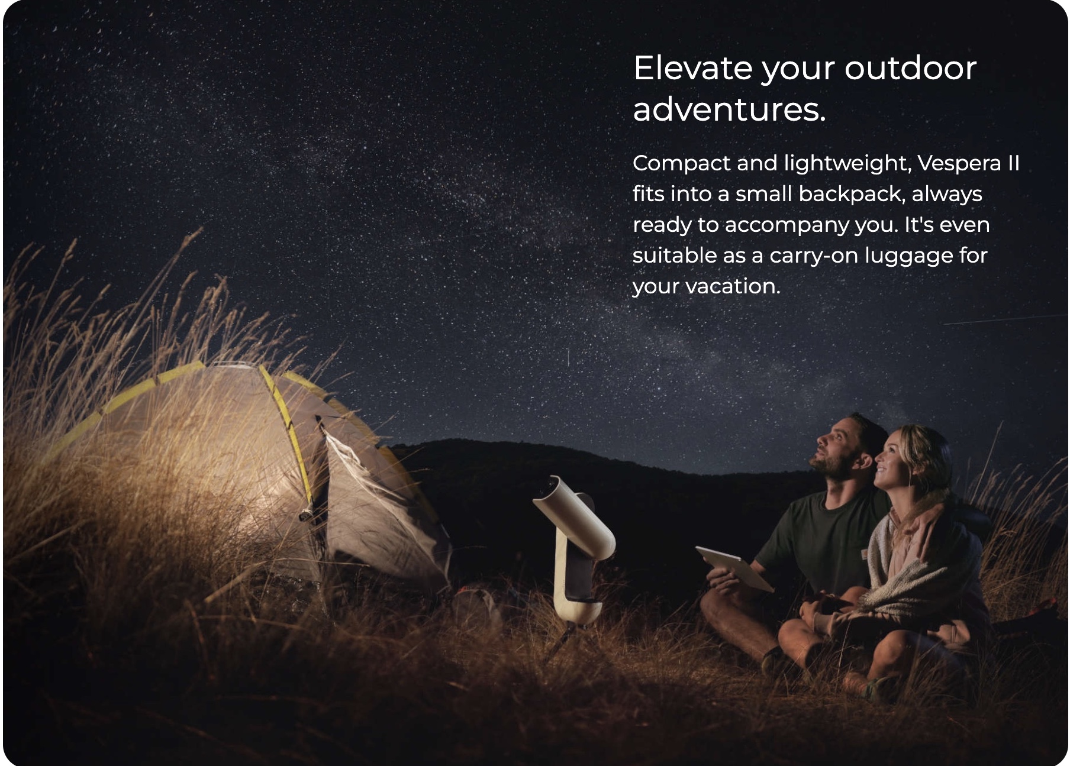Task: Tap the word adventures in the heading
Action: [x=729, y=109]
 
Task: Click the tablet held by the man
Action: [x=734, y=568]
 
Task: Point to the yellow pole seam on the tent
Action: [x=287, y=426]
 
